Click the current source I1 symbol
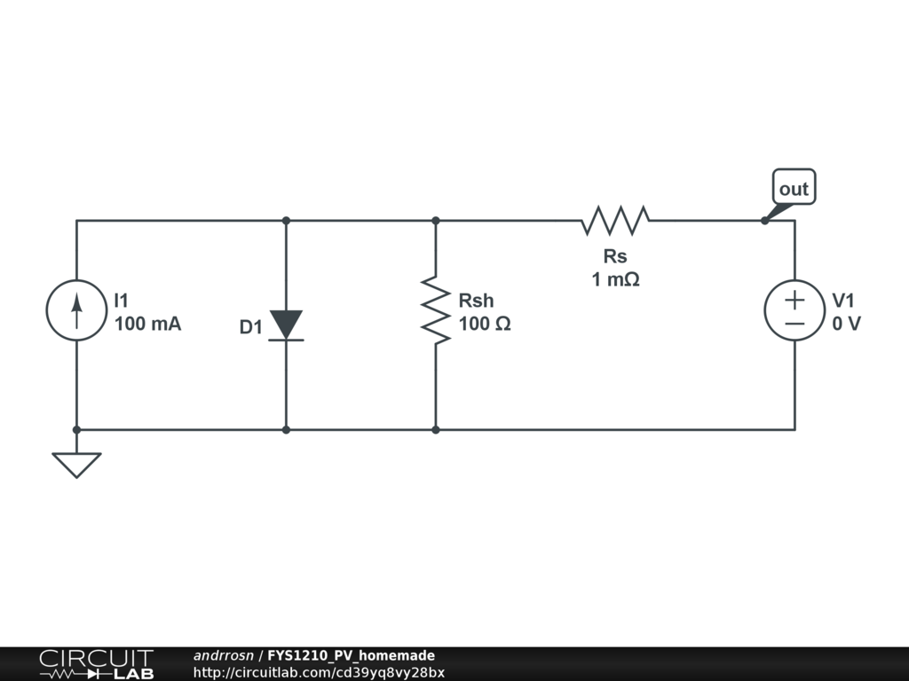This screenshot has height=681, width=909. point(76,309)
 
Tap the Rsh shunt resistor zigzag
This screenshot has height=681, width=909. point(436,309)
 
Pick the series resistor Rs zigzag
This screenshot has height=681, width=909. point(615,220)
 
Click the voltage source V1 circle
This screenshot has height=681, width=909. point(794,309)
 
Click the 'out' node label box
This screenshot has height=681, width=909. point(794,188)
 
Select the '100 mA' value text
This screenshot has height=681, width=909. point(147,325)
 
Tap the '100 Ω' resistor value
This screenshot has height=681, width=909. point(485,325)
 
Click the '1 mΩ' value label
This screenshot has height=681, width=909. point(616,279)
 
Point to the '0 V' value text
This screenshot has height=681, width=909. point(846,325)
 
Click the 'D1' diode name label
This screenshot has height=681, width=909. point(251,328)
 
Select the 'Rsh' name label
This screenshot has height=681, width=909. point(476,301)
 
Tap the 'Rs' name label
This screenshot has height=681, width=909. point(615,256)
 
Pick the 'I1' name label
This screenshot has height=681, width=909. point(122,301)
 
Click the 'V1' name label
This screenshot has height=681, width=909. point(843,301)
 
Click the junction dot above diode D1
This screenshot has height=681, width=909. point(286,221)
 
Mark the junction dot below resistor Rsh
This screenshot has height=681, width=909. point(436,430)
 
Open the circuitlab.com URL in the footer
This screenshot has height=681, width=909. point(319,672)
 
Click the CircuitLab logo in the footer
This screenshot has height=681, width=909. point(96,664)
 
